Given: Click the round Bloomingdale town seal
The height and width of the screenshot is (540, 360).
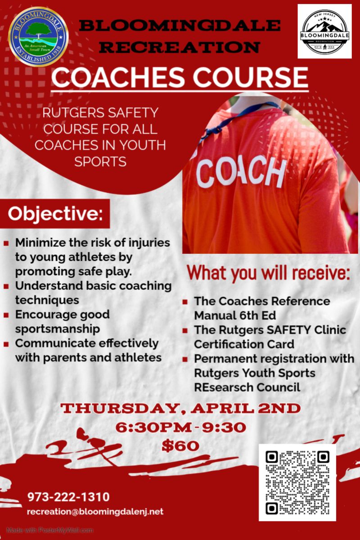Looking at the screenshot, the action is point(39,37).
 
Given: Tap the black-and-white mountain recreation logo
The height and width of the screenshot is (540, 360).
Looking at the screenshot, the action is point(324,31).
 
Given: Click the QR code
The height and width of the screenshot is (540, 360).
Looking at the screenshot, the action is point(297,482).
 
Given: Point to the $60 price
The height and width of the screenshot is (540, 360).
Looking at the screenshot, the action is point(180,446).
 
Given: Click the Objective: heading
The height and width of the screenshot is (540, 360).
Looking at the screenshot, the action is point(55,214).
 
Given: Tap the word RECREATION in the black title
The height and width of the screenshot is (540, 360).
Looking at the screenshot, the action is point(180,47).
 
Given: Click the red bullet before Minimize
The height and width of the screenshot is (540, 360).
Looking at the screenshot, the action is point(6,243).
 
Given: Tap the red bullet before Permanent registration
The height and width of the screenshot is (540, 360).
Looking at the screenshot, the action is point(185,360).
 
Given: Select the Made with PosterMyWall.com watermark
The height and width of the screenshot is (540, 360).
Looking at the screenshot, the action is point(50,530).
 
